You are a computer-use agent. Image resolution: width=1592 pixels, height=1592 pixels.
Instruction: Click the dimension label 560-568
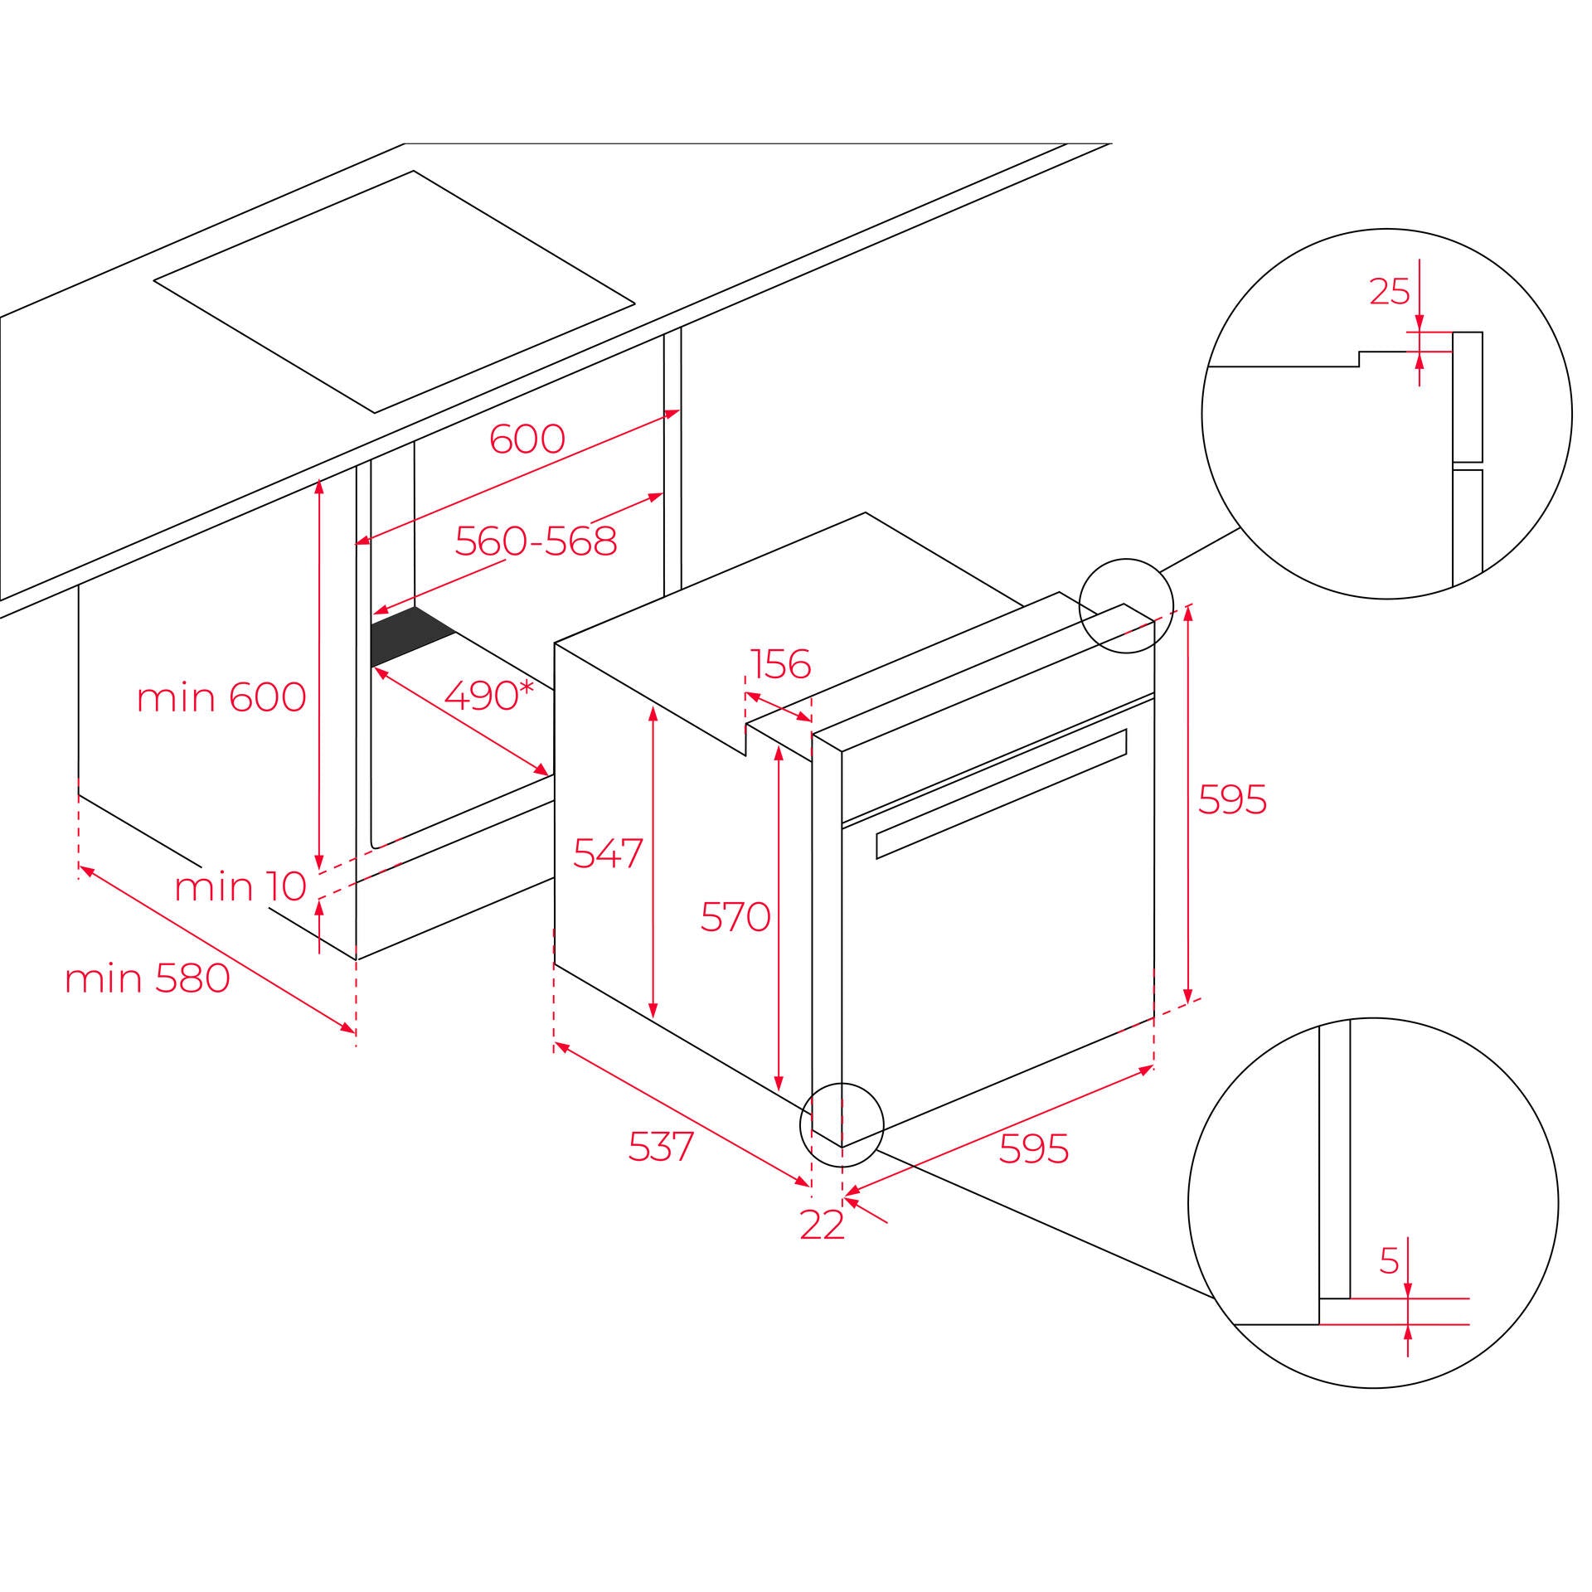pyautogui.click(x=536, y=541)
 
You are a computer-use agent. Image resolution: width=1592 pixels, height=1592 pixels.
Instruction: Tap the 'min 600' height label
pyautogui.click(x=221, y=697)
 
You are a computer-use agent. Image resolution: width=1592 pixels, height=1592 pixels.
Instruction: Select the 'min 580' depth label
pyautogui.click(x=147, y=979)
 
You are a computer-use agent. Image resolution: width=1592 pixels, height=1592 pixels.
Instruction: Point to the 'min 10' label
pyautogui.click(x=240, y=887)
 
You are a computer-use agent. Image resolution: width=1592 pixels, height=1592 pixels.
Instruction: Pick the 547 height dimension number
pyautogui.click(x=608, y=853)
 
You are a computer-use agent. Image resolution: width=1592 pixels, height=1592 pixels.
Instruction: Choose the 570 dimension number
pyautogui.click(x=735, y=917)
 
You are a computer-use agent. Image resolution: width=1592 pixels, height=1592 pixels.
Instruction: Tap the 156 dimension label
pyautogui.click(x=780, y=664)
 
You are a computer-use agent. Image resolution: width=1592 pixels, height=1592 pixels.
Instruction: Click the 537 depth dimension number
pyautogui.click(x=661, y=1148)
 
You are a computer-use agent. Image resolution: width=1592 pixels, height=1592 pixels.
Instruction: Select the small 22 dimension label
pyautogui.click(x=822, y=1226)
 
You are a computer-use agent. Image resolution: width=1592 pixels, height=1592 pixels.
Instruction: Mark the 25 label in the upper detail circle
pyautogui.click(x=1390, y=291)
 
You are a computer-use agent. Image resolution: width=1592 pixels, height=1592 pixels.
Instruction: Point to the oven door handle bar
pyautogui.click(x=1002, y=794)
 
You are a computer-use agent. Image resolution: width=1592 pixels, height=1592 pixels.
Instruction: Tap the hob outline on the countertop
pyautogui.click(x=394, y=291)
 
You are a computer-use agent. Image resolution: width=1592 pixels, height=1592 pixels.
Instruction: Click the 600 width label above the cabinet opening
pyautogui.click(x=527, y=439)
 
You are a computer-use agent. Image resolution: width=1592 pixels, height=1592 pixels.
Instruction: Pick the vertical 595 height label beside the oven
pyautogui.click(x=1233, y=800)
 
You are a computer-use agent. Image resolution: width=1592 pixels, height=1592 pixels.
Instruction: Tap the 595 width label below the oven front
pyautogui.click(x=1034, y=1148)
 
